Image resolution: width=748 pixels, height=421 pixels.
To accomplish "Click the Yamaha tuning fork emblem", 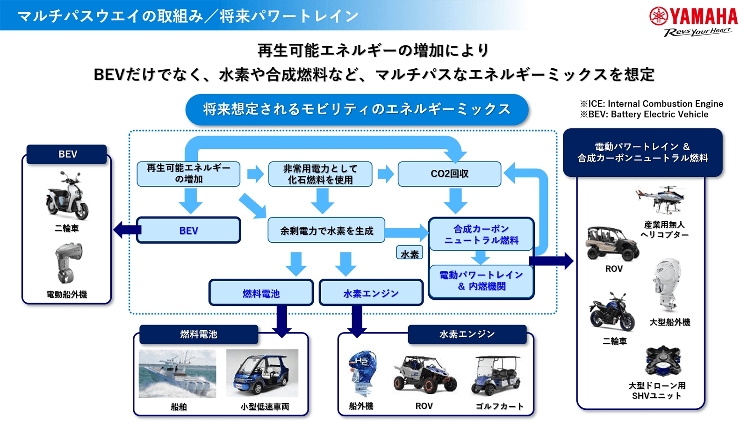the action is pyautogui.click(x=659, y=16).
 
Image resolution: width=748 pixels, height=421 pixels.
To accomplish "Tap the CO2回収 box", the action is pyautogui.click(x=449, y=174).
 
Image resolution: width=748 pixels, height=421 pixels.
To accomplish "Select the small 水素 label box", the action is pyautogui.click(x=410, y=253).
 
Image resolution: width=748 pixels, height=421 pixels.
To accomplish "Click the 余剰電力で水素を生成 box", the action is pyautogui.click(x=326, y=230).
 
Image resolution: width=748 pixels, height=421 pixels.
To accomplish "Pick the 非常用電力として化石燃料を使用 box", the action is pyautogui.click(x=320, y=174).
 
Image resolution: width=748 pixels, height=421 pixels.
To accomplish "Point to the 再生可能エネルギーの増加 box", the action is pyautogui.click(x=188, y=174).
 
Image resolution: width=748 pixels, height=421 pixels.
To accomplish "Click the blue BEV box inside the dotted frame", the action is pyautogui.click(x=188, y=230).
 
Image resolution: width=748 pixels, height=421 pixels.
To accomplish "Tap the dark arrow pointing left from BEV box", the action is pyautogui.click(x=127, y=230).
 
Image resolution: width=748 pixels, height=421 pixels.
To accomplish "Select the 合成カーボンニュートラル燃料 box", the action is pyautogui.click(x=481, y=234).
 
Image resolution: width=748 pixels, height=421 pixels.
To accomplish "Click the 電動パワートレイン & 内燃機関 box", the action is pyautogui.click(x=481, y=281).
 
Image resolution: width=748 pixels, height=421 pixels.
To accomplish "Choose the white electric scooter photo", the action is pyautogui.click(x=67, y=196).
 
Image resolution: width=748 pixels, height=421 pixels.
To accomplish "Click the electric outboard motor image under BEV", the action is pyautogui.click(x=68, y=263).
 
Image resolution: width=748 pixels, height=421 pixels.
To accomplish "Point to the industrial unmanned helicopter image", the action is pyautogui.click(x=661, y=199).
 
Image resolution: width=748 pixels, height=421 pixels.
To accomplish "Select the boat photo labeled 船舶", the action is pyautogui.click(x=177, y=374).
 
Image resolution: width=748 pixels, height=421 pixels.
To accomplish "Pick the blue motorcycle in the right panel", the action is pyautogui.click(x=612, y=312).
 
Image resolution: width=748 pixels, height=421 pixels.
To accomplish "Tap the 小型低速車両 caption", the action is pyautogui.click(x=265, y=406).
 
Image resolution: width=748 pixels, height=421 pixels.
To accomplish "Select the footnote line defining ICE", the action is pyautogui.click(x=652, y=103).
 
